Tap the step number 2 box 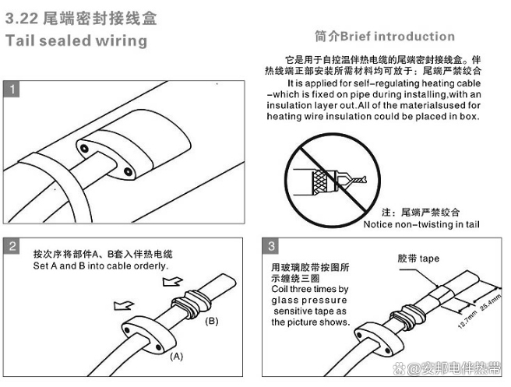coord(13,248)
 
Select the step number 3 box coord(271,248)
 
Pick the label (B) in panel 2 coord(211,320)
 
